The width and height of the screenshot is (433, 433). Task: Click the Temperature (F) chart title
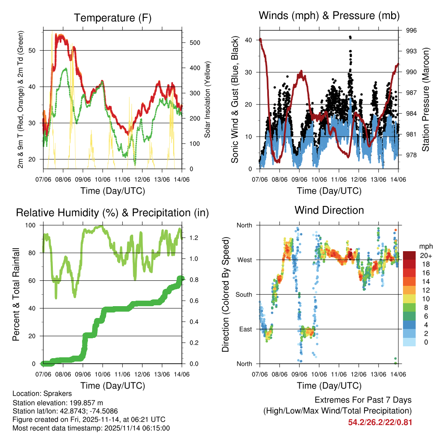[x=112, y=18]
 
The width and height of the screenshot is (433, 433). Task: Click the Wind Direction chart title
[x=329, y=210]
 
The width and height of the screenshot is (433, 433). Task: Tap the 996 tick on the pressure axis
[x=411, y=30]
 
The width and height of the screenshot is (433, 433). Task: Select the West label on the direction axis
[x=244, y=260]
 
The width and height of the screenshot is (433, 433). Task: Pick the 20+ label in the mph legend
[x=425, y=256]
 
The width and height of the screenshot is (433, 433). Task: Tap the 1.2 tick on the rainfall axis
[x=194, y=238]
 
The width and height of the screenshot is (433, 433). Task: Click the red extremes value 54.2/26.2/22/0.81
[x=380, y=422]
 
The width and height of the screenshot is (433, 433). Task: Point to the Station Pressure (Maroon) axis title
[x=426, y=100]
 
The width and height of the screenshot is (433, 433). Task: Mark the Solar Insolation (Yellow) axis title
[x=208, y=100]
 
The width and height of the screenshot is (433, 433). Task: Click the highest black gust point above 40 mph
[x=350, y=37]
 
